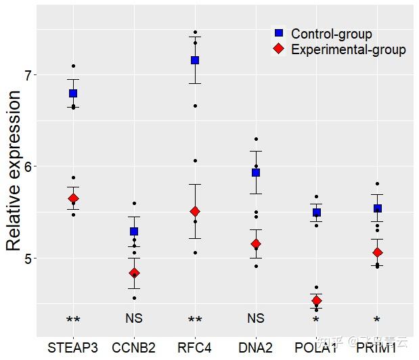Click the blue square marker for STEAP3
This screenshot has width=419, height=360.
[x=73, y=93]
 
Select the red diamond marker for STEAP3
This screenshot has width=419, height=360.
[x=73, y=198]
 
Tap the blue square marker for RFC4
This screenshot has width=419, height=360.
[x=195, y=60]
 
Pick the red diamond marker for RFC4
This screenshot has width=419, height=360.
[x=195, y=212]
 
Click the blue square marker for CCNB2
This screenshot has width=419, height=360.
[x=134, y=231]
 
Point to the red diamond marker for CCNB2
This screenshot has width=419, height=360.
[x=134, y=273]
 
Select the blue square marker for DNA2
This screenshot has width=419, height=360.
[x=256, y=173]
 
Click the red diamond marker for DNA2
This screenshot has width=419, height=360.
[x=256, y=244]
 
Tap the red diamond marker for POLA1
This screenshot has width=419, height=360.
[x=316, y=300]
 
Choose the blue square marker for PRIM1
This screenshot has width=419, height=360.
[x=377, y=208]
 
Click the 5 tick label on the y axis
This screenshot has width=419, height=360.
[x=28, y=258]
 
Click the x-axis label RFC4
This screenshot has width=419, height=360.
[x=195, y=348]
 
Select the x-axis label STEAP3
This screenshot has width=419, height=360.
[x=73, y=348]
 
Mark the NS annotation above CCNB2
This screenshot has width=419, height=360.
[x=134, y=318]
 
